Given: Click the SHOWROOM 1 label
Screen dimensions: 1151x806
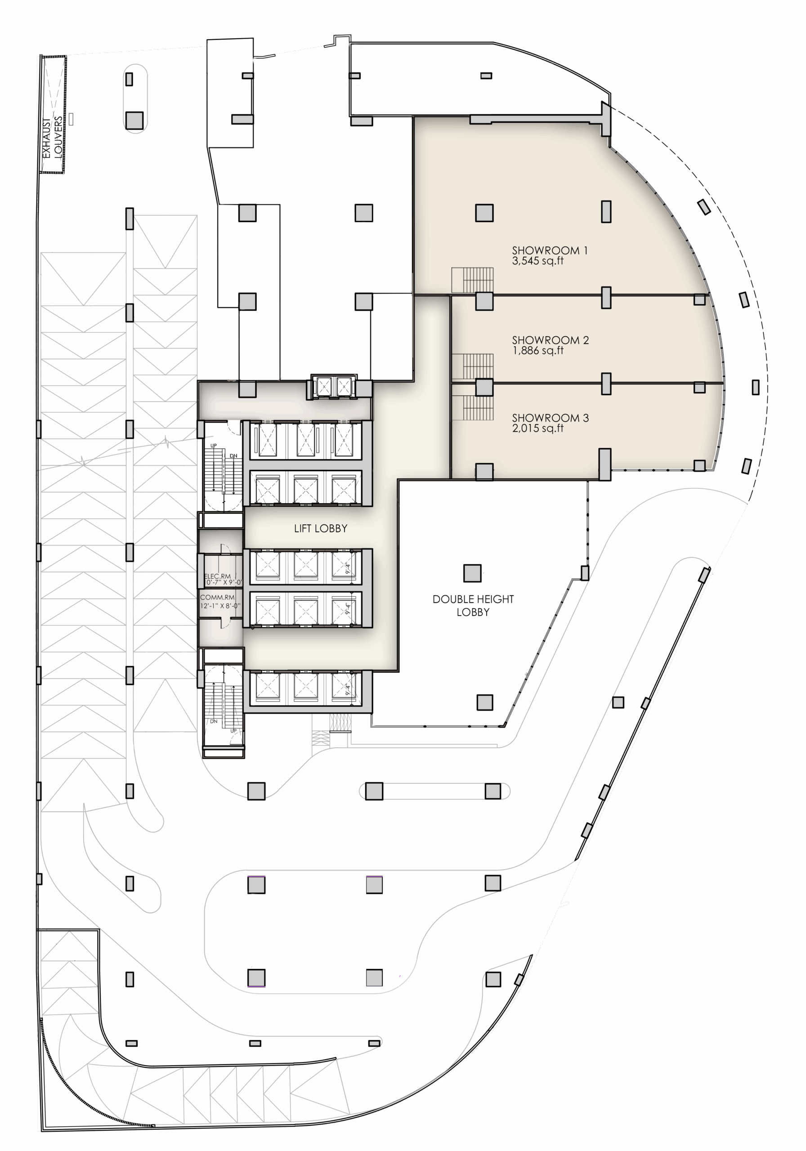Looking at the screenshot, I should tap(549, 250).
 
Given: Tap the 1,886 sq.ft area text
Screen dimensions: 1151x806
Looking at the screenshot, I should tap(537, 351).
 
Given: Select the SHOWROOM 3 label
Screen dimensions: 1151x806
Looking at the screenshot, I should tap(550, 418).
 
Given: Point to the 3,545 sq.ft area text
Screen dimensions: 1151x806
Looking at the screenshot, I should tap(537, 261).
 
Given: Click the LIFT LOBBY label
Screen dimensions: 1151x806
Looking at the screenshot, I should tap(321, 528).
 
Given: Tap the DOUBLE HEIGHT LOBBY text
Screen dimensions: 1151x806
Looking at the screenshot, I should tap(473, 605).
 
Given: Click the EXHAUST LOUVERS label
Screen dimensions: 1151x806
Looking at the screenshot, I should tap(53, 138).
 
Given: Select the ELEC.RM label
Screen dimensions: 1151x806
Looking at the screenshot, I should tap(217, 576).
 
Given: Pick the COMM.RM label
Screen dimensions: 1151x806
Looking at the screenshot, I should tap(217, 597).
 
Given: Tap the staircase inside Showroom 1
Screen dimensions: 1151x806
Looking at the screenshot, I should tap(472, 280).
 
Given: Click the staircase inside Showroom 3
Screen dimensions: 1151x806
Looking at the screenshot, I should tap(472, 407).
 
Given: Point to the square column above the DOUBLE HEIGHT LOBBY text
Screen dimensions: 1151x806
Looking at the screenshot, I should tap(472, 573).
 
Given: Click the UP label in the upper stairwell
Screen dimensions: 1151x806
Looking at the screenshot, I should tap(214, 446).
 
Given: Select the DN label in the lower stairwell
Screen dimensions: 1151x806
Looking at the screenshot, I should tap(214, 721).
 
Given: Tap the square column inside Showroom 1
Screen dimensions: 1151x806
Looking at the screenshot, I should tap(484, 213).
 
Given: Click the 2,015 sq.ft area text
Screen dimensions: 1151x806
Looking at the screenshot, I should tap(537, 428).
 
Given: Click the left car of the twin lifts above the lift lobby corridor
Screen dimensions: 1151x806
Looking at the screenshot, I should tap(323, 387).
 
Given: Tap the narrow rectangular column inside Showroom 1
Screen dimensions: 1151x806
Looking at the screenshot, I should tap(606, 212).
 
